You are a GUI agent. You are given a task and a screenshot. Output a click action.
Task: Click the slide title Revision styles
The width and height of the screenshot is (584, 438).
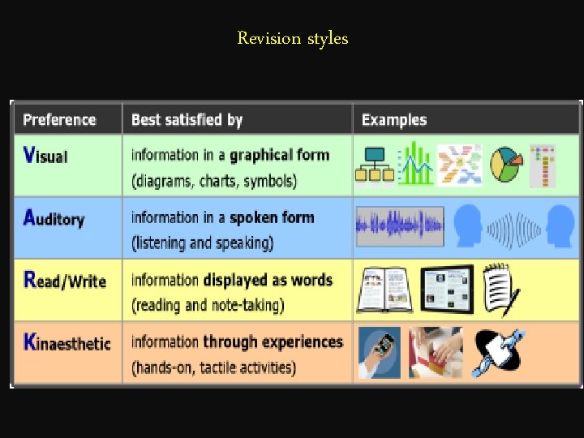(292, 38)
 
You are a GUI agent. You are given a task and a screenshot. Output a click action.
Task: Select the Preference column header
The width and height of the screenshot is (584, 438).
(59, 120)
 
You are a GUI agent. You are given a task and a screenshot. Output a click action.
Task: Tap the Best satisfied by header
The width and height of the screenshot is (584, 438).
(187, 120)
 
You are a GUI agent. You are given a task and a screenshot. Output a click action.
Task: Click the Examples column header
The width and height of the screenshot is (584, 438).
(394, 120)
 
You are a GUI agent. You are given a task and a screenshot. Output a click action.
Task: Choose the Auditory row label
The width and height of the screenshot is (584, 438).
(54, 218)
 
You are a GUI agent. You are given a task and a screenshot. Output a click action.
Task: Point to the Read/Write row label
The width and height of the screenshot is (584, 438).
(65, 281)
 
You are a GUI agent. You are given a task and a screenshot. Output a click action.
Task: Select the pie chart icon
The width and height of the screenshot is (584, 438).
(506, 165)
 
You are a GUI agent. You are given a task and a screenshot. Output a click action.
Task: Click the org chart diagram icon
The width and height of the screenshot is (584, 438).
(374, 165)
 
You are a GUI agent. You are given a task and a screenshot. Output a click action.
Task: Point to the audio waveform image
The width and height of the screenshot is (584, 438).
(400, 226)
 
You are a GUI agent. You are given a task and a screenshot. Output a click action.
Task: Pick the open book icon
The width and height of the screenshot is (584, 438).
(384, 290)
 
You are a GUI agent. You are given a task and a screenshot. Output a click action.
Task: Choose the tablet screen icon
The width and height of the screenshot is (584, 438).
(446, 288)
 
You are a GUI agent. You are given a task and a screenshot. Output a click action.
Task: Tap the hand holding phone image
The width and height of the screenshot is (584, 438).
(379, 353)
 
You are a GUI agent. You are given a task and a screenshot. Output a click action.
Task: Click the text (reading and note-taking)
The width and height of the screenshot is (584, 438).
(208, 305)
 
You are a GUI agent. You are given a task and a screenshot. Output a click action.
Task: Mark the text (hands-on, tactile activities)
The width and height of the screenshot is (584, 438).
(213, 367)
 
